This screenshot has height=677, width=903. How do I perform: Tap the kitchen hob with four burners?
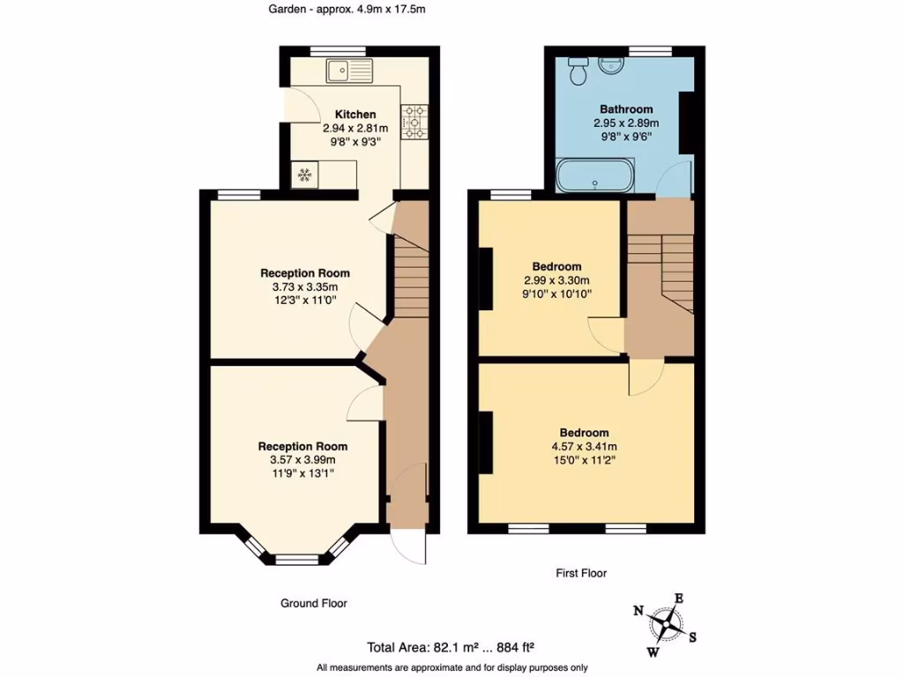tap(414, 122)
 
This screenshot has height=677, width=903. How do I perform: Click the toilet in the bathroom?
tap(578, 71)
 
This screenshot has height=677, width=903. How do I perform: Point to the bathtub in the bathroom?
tap(594, 175)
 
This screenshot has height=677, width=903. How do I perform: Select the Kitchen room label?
tap(355, 115)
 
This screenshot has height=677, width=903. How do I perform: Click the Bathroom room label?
tap(626, 109)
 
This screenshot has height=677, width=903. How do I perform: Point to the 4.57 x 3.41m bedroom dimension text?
tap(584, 445)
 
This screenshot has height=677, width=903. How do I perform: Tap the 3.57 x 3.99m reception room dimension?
tap(302, 459)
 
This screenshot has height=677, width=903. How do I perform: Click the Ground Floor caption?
tap(313, 603)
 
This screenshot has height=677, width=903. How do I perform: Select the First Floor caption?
tap(581, 573)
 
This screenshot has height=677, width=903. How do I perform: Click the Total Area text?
tap(451, 646)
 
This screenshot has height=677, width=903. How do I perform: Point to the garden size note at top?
tap(347, 10)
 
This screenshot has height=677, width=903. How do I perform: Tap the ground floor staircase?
tap(409, 273)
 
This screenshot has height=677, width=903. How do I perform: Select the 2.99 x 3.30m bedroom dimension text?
tap(556, 280)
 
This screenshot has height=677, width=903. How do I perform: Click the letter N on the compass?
tap(638, 611)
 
